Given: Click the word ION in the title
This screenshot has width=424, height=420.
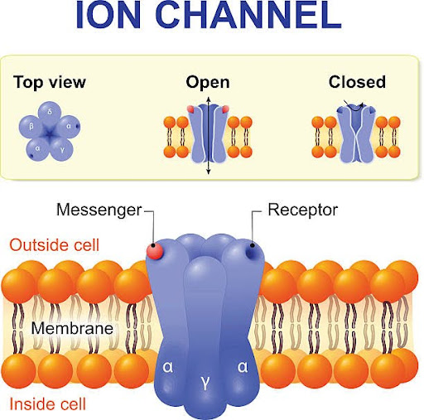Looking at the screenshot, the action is coord(108,14).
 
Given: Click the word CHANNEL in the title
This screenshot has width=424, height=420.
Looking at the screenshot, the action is coord(248,14).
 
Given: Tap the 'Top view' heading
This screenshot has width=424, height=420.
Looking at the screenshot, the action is coord(50,83).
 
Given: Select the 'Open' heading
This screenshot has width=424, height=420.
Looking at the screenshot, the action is coord(208,83).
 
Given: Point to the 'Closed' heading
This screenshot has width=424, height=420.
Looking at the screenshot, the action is coord(357,82).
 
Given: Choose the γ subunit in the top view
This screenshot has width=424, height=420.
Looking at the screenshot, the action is coord(62,150).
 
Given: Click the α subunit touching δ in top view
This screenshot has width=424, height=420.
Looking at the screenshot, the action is coord(69,127).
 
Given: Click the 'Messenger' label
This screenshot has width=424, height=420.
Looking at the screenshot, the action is coord(99,210).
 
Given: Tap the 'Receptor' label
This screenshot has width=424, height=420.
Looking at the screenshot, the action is coord(303,210).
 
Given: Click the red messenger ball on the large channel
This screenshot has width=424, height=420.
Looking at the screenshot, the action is coord(155,251).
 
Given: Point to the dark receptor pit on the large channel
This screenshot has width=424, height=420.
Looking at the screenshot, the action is coord(252,252).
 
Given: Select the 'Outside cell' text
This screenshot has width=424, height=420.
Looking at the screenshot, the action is coord(55,245).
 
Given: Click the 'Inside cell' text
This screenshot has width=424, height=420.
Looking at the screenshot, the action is coord(48,404).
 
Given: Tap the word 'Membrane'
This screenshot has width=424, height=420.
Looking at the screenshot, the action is coord(72,329).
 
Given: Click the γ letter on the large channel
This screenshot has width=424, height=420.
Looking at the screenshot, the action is coord(205,383).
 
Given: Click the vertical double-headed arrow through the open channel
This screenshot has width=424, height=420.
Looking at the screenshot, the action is coord(209,136).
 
